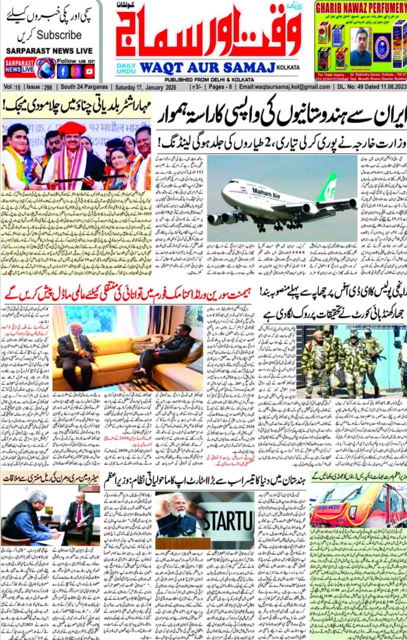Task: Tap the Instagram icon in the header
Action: tap(76, 71)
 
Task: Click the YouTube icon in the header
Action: tap(89, 71)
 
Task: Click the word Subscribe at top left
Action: tap(59, 35)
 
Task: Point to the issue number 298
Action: tap(47, 87)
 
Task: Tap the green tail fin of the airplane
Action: tap(328, 187)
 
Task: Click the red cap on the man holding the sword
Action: tap(71, 128)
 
